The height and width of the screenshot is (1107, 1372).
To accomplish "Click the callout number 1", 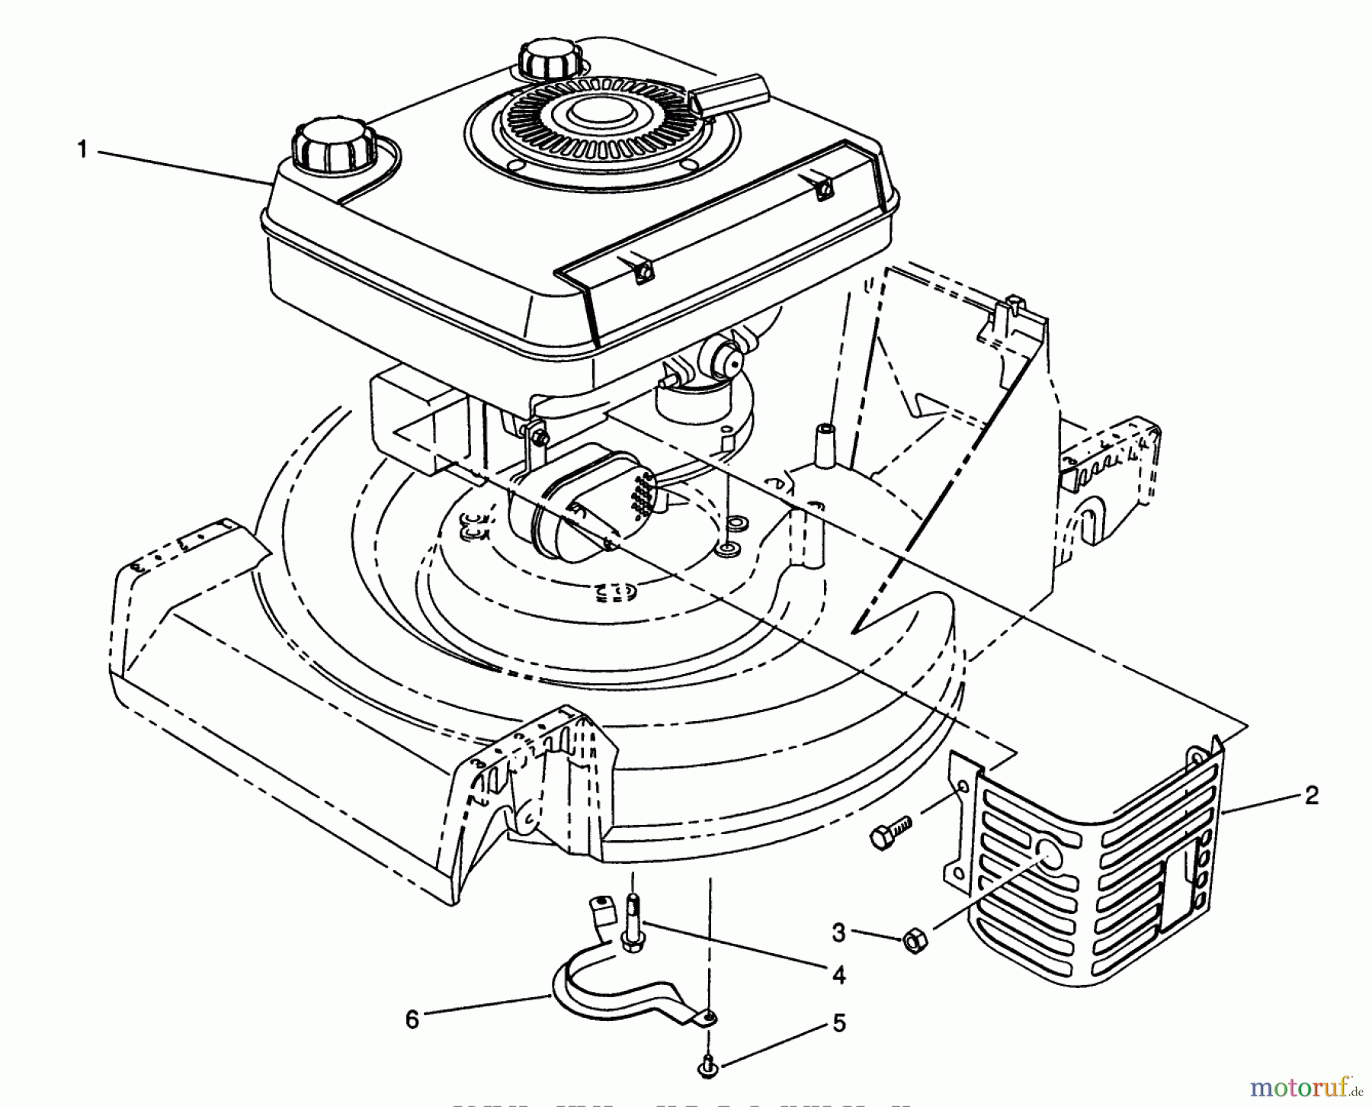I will [x=82, y=150].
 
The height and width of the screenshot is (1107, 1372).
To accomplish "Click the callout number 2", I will [x=1311, y=795].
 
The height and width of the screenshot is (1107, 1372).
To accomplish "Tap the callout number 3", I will [x=838, y=932].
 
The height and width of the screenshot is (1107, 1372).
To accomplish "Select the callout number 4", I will [x=838, y=975].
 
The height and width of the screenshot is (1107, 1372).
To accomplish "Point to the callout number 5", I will [x=838, y=1023].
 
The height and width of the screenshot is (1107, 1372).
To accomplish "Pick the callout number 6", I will [x=412, y=1019].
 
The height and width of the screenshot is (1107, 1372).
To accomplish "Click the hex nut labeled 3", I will [x=912, y=943].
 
